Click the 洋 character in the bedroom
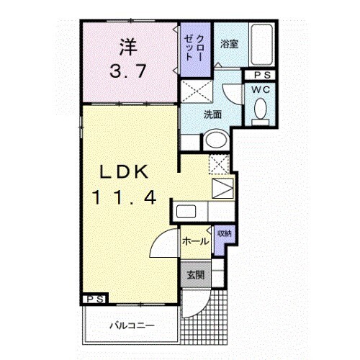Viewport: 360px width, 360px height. click(x=127, y=48)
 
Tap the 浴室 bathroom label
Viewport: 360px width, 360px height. click(x=229, y=42)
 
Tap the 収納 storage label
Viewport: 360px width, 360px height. click(x=224, y=233)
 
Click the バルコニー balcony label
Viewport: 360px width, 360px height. click(x=131, y=325)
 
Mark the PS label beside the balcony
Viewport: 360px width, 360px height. click(x=94, y=299)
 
